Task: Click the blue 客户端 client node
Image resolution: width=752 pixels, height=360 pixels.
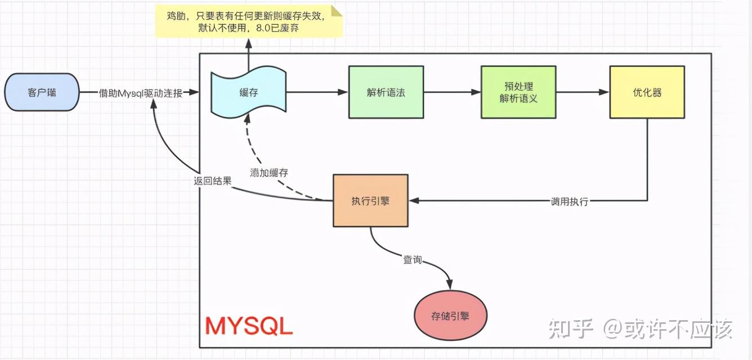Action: coord(42,92)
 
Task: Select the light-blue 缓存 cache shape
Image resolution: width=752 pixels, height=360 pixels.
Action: coord(248,92)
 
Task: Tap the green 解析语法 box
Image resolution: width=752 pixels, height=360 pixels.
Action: coord(386,92)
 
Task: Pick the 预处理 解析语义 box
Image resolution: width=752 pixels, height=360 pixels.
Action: coord(518,92)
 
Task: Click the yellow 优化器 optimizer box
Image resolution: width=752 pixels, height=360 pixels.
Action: coord(647,92)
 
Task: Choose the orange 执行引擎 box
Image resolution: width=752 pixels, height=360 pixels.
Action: coord(370,201)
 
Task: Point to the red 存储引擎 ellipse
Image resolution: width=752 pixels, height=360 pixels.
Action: coord(450,316)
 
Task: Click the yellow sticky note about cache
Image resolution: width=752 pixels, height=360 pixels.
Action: coord(248,21)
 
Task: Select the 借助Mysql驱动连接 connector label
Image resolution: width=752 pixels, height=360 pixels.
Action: coord(140,93)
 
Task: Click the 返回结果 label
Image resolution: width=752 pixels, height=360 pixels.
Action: coord(212,181)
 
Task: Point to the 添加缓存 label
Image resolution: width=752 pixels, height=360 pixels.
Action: coord(268,172)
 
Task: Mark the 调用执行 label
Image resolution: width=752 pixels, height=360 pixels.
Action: coord(569,201)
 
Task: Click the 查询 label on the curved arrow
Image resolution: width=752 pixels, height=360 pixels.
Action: coord(412,260)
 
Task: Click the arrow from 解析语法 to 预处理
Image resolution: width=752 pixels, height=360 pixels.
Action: coord(451,92)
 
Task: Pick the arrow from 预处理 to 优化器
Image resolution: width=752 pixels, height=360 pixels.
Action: coord(582,92)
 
